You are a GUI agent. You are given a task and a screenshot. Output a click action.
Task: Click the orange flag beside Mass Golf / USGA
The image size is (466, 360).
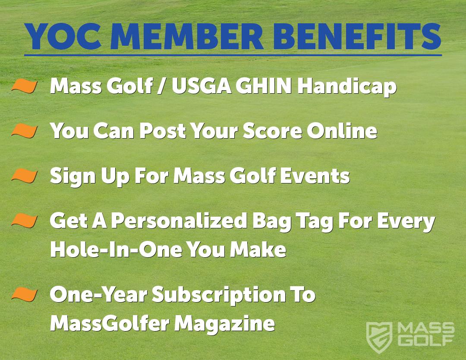pos(25,86)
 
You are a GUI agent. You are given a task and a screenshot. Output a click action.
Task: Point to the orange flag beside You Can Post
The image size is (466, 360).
pos(25,131)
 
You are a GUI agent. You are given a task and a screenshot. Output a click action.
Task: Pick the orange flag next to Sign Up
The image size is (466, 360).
pos(25,175)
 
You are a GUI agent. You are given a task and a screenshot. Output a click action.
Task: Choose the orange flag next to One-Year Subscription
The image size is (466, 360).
pos(25,294)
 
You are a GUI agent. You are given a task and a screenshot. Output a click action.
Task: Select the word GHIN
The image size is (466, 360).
pos(263,86)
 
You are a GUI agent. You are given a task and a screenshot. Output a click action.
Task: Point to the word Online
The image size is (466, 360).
pos(342,131)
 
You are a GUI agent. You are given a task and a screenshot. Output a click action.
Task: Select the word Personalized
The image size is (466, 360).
pos(179,221)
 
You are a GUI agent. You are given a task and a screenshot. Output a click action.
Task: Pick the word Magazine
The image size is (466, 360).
pos(224,324)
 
